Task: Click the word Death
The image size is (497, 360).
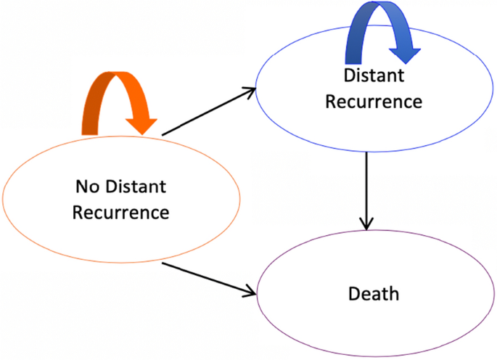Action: click(373, 294)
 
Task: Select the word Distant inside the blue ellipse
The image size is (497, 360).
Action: click(373, 75)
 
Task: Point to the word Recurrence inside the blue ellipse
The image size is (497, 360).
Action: click(373, 101)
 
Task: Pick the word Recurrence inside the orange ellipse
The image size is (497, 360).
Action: click(121, 213)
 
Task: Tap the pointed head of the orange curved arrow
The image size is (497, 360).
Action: click(144, 123)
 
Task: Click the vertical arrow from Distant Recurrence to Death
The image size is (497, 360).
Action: click(367, 189)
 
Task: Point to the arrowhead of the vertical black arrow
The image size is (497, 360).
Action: click(367, 221)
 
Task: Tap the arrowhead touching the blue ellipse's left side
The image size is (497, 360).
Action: click(249, 92)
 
